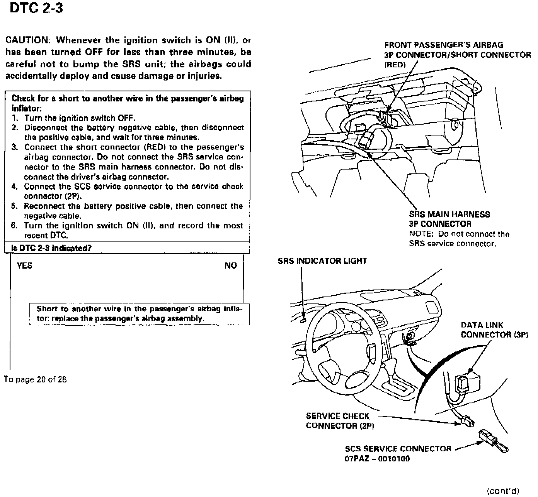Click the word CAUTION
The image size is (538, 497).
(26, 40)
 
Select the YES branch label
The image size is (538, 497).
(25, 266)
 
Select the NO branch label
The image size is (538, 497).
(230, 266)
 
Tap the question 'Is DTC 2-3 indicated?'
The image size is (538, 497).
(51, 248)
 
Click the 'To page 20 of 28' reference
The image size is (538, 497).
(36, 379)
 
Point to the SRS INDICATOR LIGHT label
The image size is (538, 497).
(322, 261)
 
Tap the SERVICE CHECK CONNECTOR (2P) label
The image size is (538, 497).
(340, 421)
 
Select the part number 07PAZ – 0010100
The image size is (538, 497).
(377, 459)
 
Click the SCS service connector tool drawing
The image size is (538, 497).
(494, 441)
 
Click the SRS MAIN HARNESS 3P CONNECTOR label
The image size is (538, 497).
(449, 219)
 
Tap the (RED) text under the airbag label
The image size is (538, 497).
(395, 65)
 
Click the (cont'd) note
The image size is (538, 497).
(503, 491)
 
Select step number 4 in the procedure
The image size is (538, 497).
(14, 187)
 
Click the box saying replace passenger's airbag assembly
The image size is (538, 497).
(139, 314)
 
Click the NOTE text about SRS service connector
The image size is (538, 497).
(459, 239)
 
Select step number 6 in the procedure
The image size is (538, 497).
(14, 226)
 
